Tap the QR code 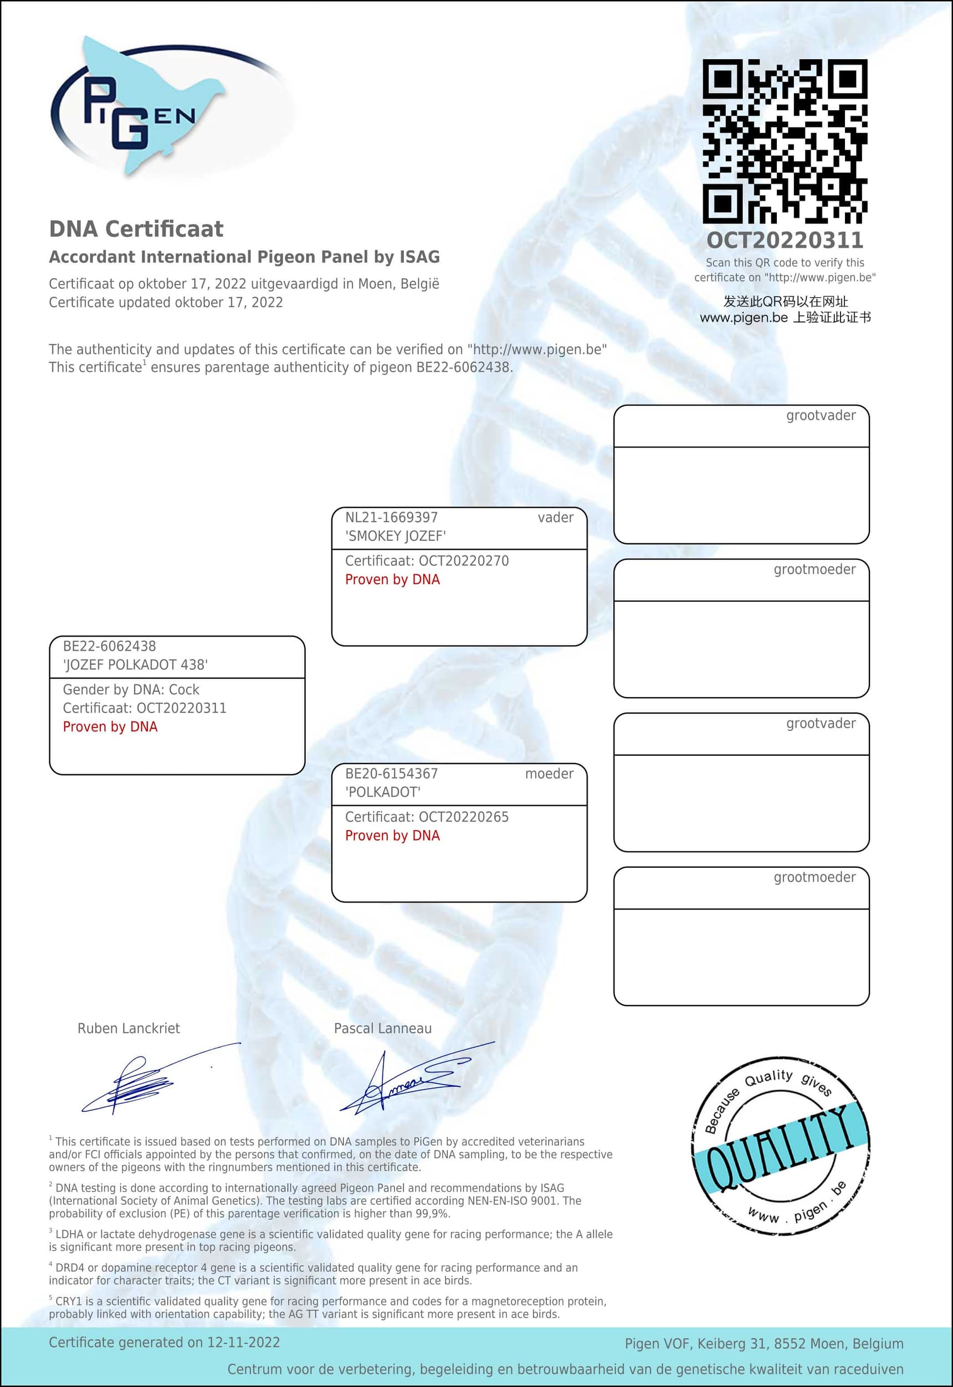point(785,141)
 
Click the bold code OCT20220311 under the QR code point(785,240)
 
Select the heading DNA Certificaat point(136,229)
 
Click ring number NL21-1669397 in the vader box point(391,518)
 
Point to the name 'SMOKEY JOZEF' point(395,536)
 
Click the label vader point(555,518)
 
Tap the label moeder point(549,774)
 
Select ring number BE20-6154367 point(391,774)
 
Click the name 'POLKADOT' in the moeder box point(383,792)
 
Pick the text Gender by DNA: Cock point(131,689)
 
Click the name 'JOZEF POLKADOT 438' point(136,664)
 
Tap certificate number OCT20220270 point(463,561)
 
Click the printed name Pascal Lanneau point(382,1028)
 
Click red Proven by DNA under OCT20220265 point(392,836)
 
